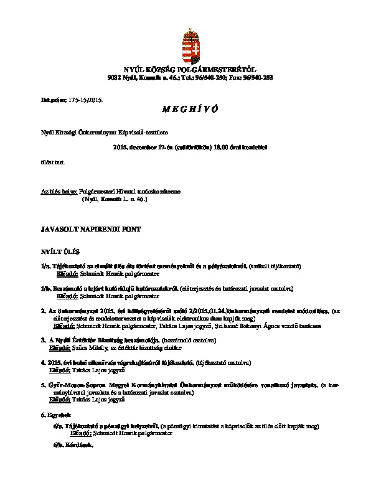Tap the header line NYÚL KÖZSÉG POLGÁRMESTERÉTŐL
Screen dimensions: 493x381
(190, 70)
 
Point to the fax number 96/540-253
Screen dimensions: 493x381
(260, 77)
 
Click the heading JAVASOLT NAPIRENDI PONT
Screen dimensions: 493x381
(91, 230)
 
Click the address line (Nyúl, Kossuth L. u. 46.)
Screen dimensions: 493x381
(115, 199)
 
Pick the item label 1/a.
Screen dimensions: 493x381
(45, 266)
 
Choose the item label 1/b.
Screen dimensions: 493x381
(45, 289)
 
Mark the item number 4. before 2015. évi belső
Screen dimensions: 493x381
(43, 362)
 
